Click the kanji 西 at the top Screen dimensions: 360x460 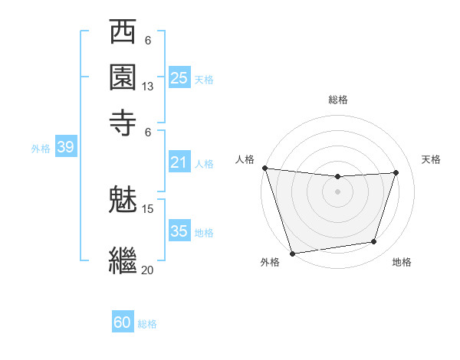pyautogui.click(x=123, y=34)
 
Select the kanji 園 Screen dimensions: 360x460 pyautogui.click(x=123, y=77)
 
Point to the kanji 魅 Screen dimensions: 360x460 pyautogui.click(x=123, y=200)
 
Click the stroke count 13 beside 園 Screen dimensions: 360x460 pyautogui.click(x=148, y=87)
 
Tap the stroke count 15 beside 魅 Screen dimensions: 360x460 pyautogui.click(x=148, y=208)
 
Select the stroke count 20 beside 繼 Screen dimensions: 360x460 pyautogui.click(x=148, y=270)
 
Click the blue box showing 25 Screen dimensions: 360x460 pyautogui.click(x=179, y=77)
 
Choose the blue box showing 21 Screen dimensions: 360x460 pyautogui.click(x=179, y=162)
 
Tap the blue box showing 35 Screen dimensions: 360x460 pyautogui.click(x=179, y=231)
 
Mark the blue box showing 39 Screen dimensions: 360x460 pyautogui.click(x=65, y=147)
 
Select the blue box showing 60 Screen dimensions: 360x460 pyautogui.click(x=123, y=322)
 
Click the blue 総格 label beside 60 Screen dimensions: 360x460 pyautogui.click(x=148, y=324)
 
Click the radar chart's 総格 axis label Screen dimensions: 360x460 pyautogui.click(x=337, y=100)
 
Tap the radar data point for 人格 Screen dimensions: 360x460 pyautogui.click(x=264, y=168)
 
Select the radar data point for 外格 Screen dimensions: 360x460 pyautogui.click(x=292, y=253)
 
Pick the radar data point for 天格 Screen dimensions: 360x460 pyautogui.click(x=396, y=172)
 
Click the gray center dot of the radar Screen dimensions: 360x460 pyautogui.click(x=337, y=191)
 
